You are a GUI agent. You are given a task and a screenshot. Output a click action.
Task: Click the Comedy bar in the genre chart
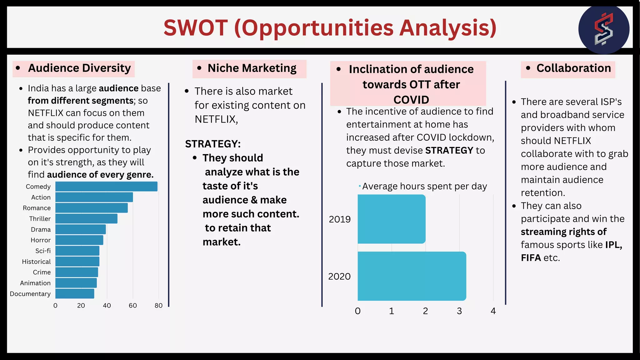tap(106, 187)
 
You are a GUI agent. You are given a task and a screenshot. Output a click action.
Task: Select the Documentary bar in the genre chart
tap(75, 294)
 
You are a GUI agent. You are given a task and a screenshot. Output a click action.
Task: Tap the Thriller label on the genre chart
tap(40, 219)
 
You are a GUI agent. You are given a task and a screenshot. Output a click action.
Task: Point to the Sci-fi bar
tap(77, 251)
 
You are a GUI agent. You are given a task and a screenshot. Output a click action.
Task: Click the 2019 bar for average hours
tap(391, 219)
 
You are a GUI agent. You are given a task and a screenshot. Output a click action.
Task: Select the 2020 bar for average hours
tap(412, 276)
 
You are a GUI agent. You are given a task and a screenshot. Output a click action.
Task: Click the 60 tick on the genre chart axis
tap(132, 306)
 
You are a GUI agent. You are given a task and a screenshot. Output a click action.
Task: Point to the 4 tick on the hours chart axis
tap(493, 311)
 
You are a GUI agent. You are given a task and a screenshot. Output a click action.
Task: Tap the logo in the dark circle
tap(603, 29)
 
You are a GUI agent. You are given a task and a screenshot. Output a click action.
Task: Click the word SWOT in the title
tap(196, 28)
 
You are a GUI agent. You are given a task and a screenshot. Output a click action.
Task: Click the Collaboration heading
tap(573, 68)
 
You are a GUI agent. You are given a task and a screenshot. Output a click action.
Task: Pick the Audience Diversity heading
tap(79, 68)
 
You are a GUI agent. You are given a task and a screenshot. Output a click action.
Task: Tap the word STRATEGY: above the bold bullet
tap(213, 144)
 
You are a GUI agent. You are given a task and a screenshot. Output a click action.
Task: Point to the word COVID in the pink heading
tap(411, 100)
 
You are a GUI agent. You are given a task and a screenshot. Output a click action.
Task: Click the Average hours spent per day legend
tap(424, 186)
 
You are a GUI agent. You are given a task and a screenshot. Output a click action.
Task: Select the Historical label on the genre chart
tap(36, 262)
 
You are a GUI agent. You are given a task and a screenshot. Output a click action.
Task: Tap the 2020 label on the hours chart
tap(339, 277)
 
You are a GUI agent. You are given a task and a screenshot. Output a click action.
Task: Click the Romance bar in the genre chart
tap(91, 208)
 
